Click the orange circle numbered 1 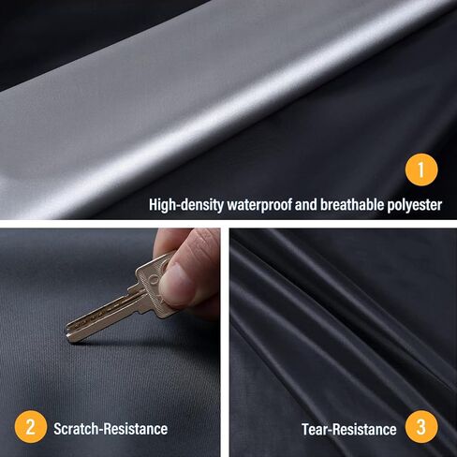click(x=421, y=170)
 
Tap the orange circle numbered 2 click(x=32, y=428)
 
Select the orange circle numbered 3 click(x=421, y=428)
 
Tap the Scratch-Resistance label click(x=111, y=429)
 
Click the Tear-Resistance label click(x=349, y=429)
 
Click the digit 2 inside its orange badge click(x=32, y=428)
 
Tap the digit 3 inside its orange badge click(x=421, y=428)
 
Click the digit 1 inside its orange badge click(x=421, y=170)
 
